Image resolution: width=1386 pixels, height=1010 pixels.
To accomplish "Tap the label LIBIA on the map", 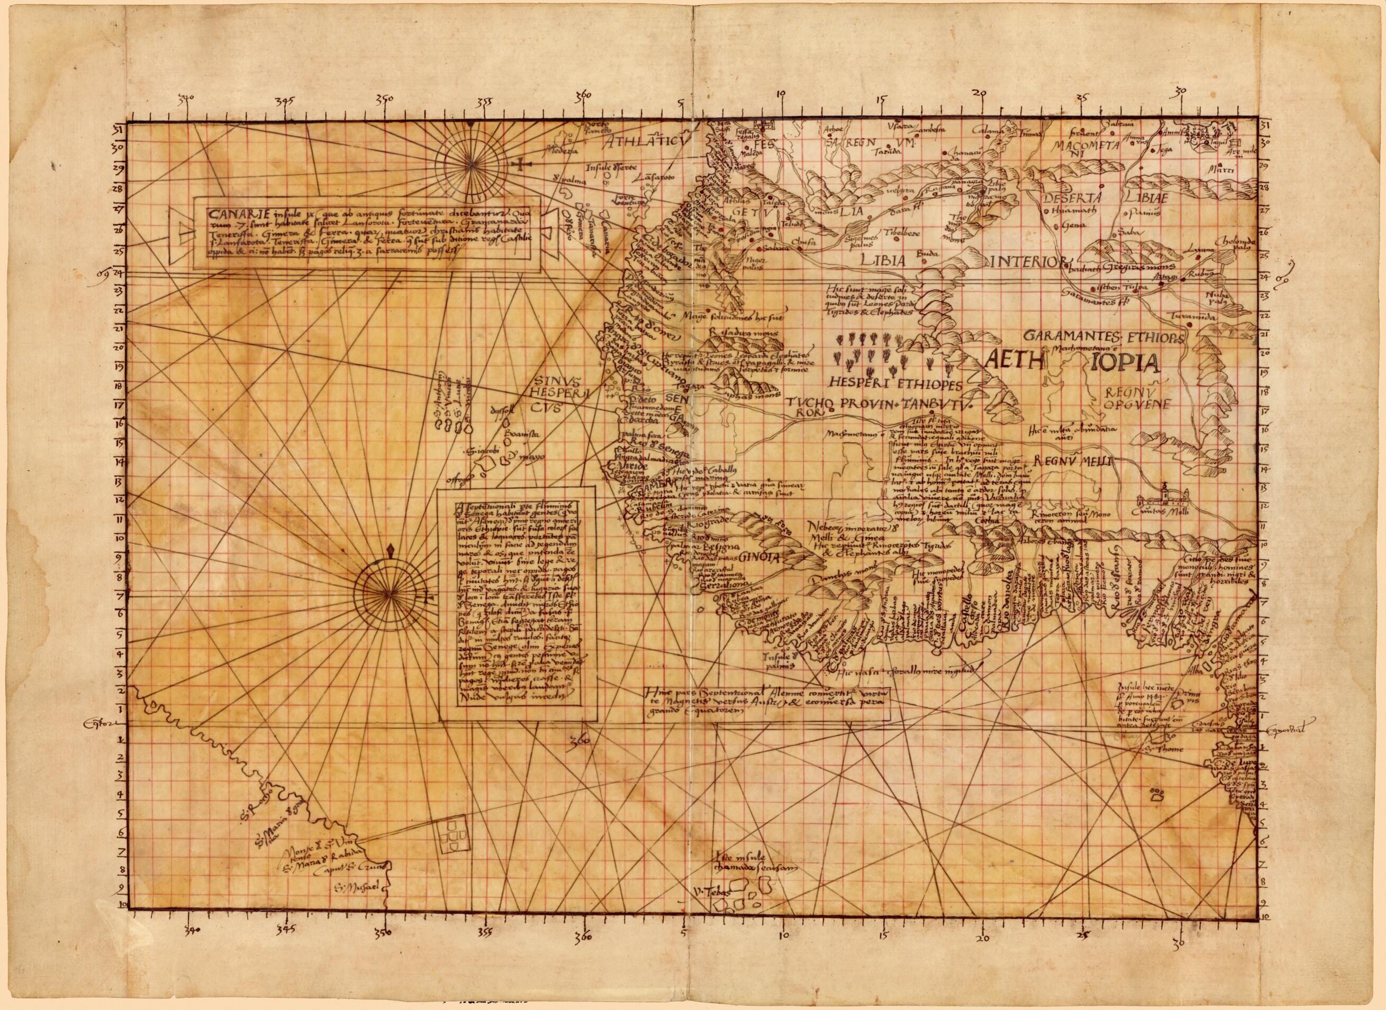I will coord(881,259).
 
